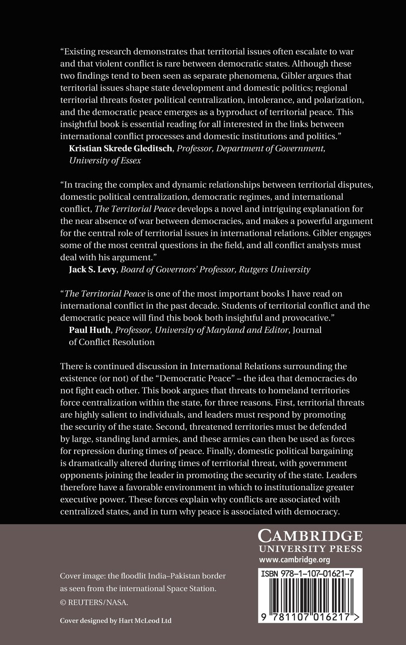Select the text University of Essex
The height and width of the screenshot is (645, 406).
coord(105,160)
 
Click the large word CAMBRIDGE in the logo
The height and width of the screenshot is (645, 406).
coord(310,536)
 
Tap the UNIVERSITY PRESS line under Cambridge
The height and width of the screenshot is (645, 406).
coord(310,549)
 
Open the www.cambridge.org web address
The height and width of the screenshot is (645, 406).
coord(295,560)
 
